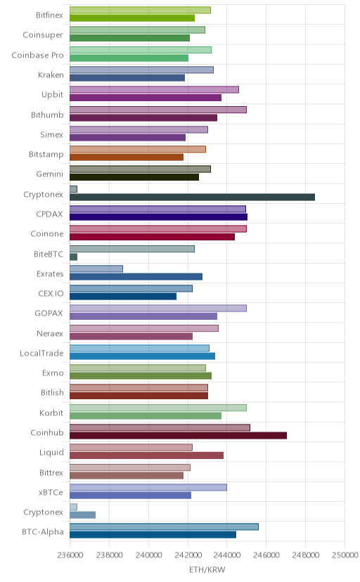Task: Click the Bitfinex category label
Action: coord(49,15)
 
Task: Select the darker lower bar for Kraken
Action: coord(127,78)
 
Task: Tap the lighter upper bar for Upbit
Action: coord(154,90)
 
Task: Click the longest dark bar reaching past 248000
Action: coord(192,197)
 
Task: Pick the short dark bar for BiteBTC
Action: coord(74,257)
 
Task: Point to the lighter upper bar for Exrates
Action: coord(96,269)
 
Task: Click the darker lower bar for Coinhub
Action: coord(178,435)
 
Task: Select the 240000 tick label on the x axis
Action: coord(148,555)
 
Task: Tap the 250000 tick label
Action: coord(345,555)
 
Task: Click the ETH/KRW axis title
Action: coord(207,570)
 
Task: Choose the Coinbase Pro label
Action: coord(37,55)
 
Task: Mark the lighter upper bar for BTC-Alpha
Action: coord(164,526)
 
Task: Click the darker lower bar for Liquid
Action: coord(146,455)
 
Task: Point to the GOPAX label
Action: coord(49,313)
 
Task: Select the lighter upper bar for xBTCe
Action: coord(148,487)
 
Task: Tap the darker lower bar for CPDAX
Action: coord(158,217)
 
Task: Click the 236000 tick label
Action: coord(70,555)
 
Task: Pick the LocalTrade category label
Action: coord(41,353)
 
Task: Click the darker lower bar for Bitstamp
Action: coord(127,157)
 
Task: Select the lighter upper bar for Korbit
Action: coord(158,408)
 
